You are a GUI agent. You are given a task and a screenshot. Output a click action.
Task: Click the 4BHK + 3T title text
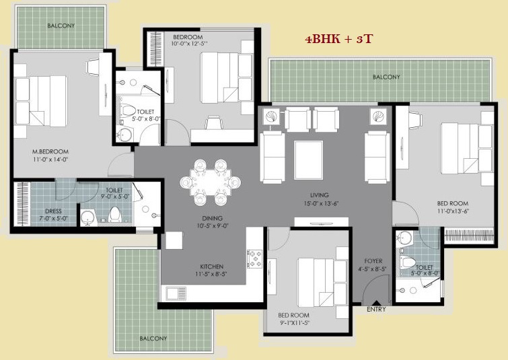point(339,39)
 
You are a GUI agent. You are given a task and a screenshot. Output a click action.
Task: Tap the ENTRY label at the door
point(376,310)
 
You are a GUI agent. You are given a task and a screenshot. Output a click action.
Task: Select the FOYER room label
point(373,261)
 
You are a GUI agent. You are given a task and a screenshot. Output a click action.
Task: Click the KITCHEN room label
point(211,266)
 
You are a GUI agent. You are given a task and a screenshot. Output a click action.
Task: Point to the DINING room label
point(212,218)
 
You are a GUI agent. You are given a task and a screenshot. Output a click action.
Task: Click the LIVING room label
point(320,195)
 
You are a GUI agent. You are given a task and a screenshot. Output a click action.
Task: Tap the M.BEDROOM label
point(50,151)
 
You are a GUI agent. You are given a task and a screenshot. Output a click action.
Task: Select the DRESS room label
point(53,211)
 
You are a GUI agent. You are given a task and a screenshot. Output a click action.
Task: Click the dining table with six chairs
point(210,182)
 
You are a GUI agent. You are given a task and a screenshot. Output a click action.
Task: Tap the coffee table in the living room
point(308,160)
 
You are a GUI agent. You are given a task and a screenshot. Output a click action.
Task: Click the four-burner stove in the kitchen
point(254,258)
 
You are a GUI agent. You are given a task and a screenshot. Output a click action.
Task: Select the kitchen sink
point(176,293)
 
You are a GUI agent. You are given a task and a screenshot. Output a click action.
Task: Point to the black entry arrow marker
point(376,303)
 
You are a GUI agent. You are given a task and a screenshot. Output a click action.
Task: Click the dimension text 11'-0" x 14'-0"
point(50,159)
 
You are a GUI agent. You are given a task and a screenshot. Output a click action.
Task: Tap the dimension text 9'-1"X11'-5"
point(293,323)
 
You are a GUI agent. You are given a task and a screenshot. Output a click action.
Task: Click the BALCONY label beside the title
point(386,77)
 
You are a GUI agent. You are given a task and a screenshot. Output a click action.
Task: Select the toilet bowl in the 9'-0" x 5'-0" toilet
point(114,214)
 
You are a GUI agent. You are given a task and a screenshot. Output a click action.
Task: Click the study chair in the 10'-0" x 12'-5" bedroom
point(214,123)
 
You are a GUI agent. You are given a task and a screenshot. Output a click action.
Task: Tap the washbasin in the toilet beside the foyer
point(404,236)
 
